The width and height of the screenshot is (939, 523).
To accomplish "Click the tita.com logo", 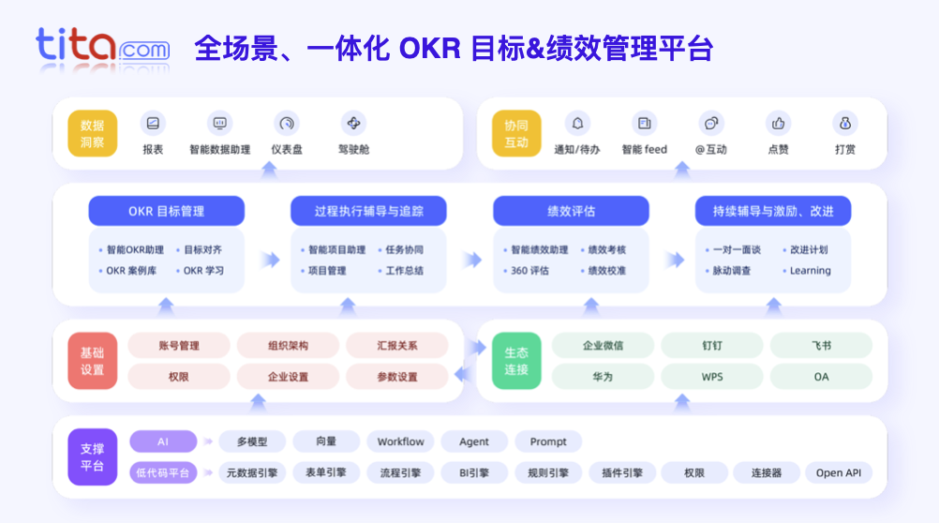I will point(103,46).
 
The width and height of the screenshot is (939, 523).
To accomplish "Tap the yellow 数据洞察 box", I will point(92,134).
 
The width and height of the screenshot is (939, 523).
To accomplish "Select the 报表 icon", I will point(153,123).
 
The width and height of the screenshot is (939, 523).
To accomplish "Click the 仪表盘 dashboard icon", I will point(286,123).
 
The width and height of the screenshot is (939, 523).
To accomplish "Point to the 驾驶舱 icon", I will point(353,123).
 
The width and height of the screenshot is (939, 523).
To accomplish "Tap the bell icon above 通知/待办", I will point(577,123).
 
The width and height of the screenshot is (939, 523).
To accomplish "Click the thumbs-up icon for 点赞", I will point(778,123).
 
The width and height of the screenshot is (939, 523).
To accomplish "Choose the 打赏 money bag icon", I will point(844,123).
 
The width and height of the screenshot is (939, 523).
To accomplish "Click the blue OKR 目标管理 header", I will point(167,211).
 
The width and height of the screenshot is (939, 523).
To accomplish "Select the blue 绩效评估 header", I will point(571,211).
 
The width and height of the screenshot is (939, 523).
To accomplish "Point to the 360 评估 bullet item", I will point(529,271).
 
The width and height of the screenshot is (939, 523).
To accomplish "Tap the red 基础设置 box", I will point(92,361).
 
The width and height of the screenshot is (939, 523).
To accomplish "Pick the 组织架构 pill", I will point(288,346).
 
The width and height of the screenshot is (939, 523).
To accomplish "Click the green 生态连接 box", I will point(516,361).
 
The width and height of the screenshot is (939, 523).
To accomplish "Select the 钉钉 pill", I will point(712,346).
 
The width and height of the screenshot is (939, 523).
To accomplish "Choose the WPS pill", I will point(712,377).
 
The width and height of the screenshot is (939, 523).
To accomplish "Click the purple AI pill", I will point(163,441).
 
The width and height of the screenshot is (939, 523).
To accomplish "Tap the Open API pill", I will point(838,472).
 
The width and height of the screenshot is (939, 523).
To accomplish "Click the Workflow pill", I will point(400,441).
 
